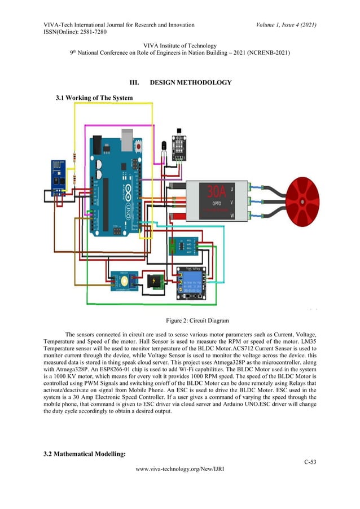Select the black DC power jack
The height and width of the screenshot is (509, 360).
(x=154, y=282)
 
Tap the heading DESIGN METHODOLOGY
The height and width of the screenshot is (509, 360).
(x=190, y=83)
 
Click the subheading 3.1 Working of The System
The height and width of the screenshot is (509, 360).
(x=94, y=98)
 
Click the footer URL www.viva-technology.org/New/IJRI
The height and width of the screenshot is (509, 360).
(x=180, y=484)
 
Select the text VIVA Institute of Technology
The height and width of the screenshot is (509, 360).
(x=180, y=46)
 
